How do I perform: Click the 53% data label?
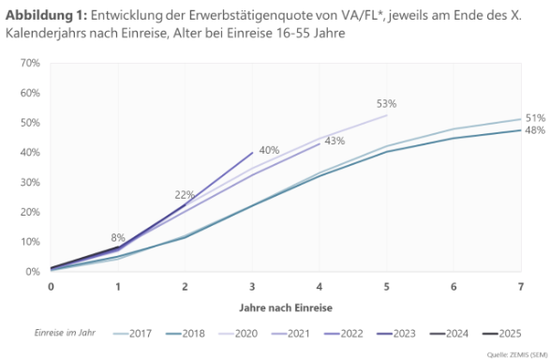coord(387,104)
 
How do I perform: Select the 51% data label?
coord(535,118)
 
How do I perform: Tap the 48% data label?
coord(535,130)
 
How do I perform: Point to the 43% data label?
coord(334,141)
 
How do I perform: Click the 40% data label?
coord(269,150)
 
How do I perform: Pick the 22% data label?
coord(185,195)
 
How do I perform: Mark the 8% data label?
coord(118,237)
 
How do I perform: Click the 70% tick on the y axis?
coord(29,63)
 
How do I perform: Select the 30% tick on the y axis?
coord(29,182)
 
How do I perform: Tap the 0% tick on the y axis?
coord(32,271)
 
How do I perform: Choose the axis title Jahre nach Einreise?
coord(286,307)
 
